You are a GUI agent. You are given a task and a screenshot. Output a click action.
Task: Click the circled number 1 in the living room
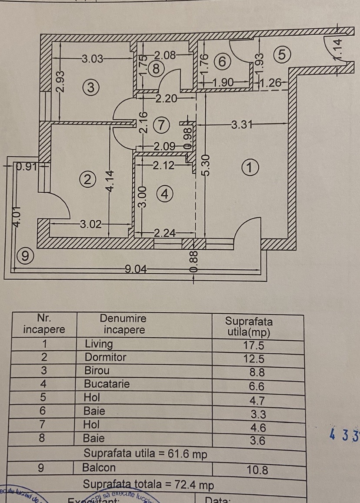click(x=251, y=167)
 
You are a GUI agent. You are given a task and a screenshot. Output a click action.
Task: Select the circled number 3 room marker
click(x=90, y=87)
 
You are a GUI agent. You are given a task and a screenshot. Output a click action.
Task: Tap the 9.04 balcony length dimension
click(x=136, y=269)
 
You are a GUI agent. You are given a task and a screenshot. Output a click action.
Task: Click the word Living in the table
click(x=99, y=344)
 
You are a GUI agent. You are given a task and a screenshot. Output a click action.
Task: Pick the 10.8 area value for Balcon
click(x=257, y=470)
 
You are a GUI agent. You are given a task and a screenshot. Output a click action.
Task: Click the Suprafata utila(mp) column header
click(x=249, y=327)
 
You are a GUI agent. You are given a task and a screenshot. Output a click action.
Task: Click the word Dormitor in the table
click(x=105, y=357)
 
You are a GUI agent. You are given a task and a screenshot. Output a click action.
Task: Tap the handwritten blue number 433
click(x=345, y=435)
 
